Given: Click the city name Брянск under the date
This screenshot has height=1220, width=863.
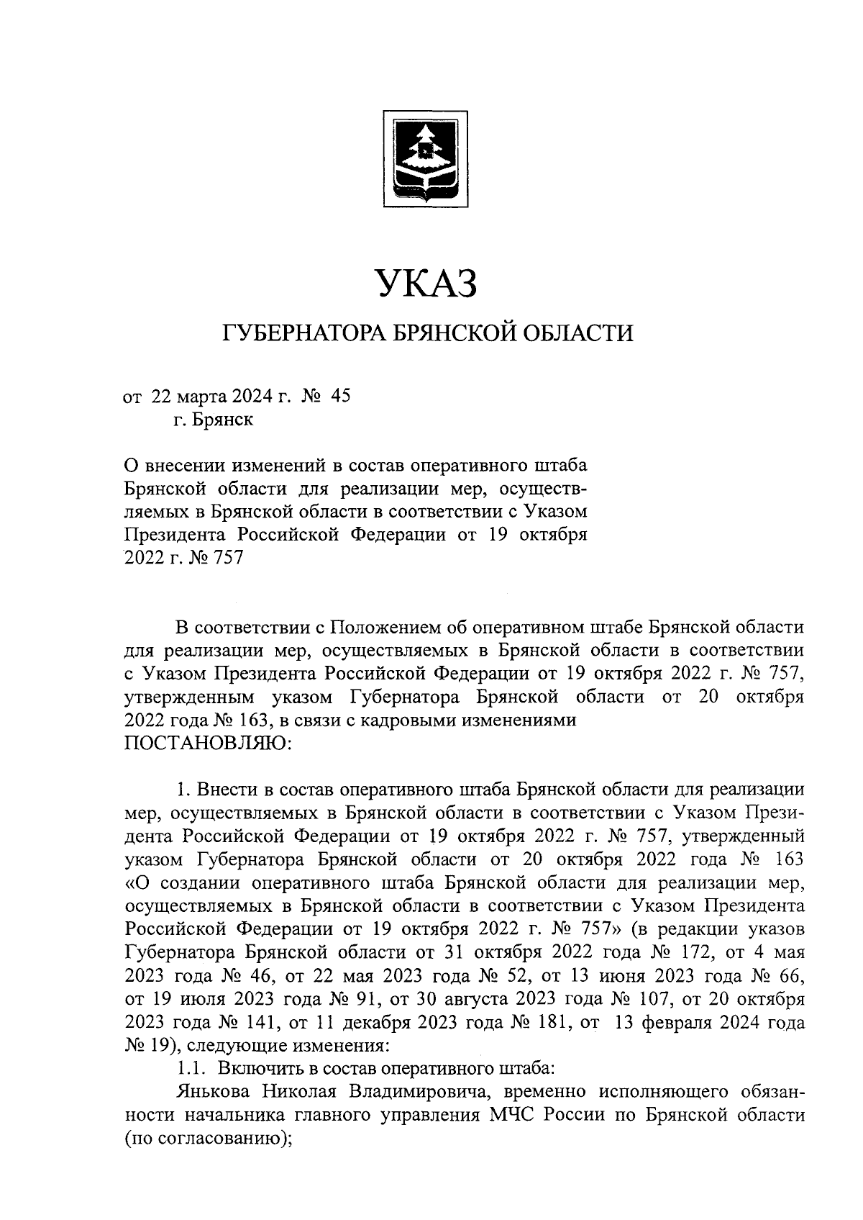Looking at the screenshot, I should (222, 420).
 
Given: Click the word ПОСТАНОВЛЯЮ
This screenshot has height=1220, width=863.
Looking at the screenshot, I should (208, 743).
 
